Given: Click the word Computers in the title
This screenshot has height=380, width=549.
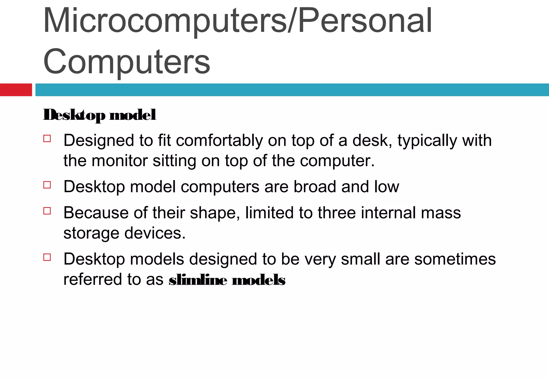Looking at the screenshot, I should click(x=127, y=62).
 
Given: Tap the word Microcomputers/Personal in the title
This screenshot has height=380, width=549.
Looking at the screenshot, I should click(x=238, y=21).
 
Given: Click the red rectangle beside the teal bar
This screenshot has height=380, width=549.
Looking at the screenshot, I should click(x=16, y=90).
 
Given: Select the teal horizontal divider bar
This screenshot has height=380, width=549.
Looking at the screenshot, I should click(x=292, y=90).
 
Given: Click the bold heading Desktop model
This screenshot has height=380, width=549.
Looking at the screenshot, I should click(x=99, y=115).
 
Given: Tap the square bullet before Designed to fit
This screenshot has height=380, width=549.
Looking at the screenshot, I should click(x=47, y=139).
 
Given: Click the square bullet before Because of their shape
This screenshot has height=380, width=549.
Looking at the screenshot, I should click(x=47, y=211).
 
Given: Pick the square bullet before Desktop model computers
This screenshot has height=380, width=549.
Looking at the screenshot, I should click(x=47, y=185).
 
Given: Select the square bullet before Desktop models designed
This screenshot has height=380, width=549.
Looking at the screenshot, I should click(x=47, y=257).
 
